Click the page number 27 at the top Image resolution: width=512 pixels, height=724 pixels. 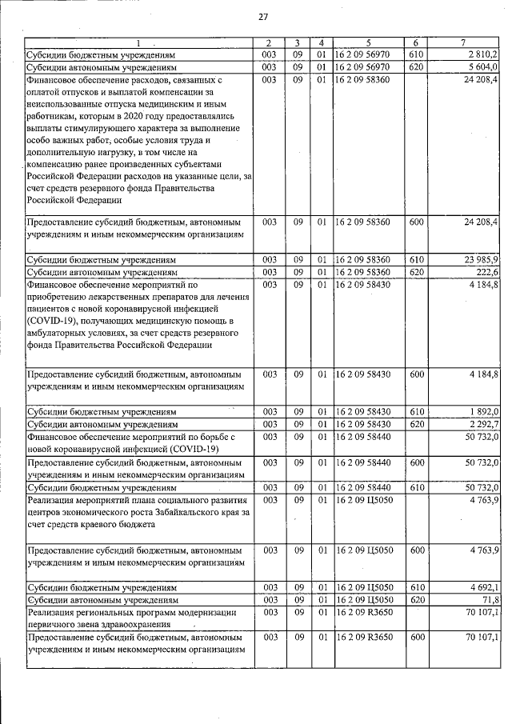point(262,18)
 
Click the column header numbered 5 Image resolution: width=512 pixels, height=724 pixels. point(369,42)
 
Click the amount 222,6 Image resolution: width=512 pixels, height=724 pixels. point(487,272)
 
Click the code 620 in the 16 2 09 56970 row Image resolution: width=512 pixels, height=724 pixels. point(415,67)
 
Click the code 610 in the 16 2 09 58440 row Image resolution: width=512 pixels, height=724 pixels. point(415,486)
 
